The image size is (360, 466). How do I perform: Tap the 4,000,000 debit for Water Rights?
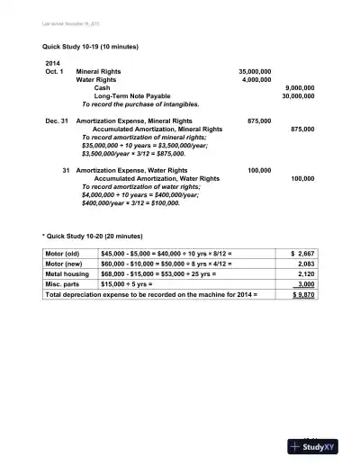pos(256,79)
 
